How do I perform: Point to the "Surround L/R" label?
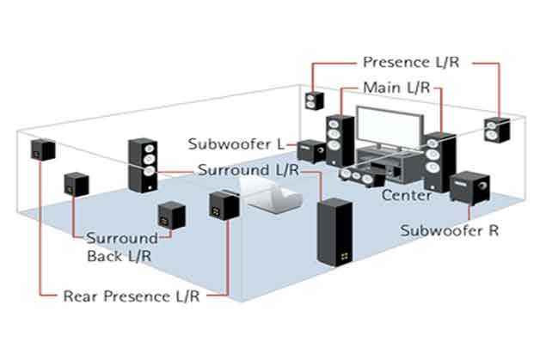248,169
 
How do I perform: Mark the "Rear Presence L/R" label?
132,296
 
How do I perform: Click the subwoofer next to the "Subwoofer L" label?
310,151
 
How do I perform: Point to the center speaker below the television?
359,175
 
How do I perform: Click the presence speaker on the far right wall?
496,130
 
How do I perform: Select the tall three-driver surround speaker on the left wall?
144,164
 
